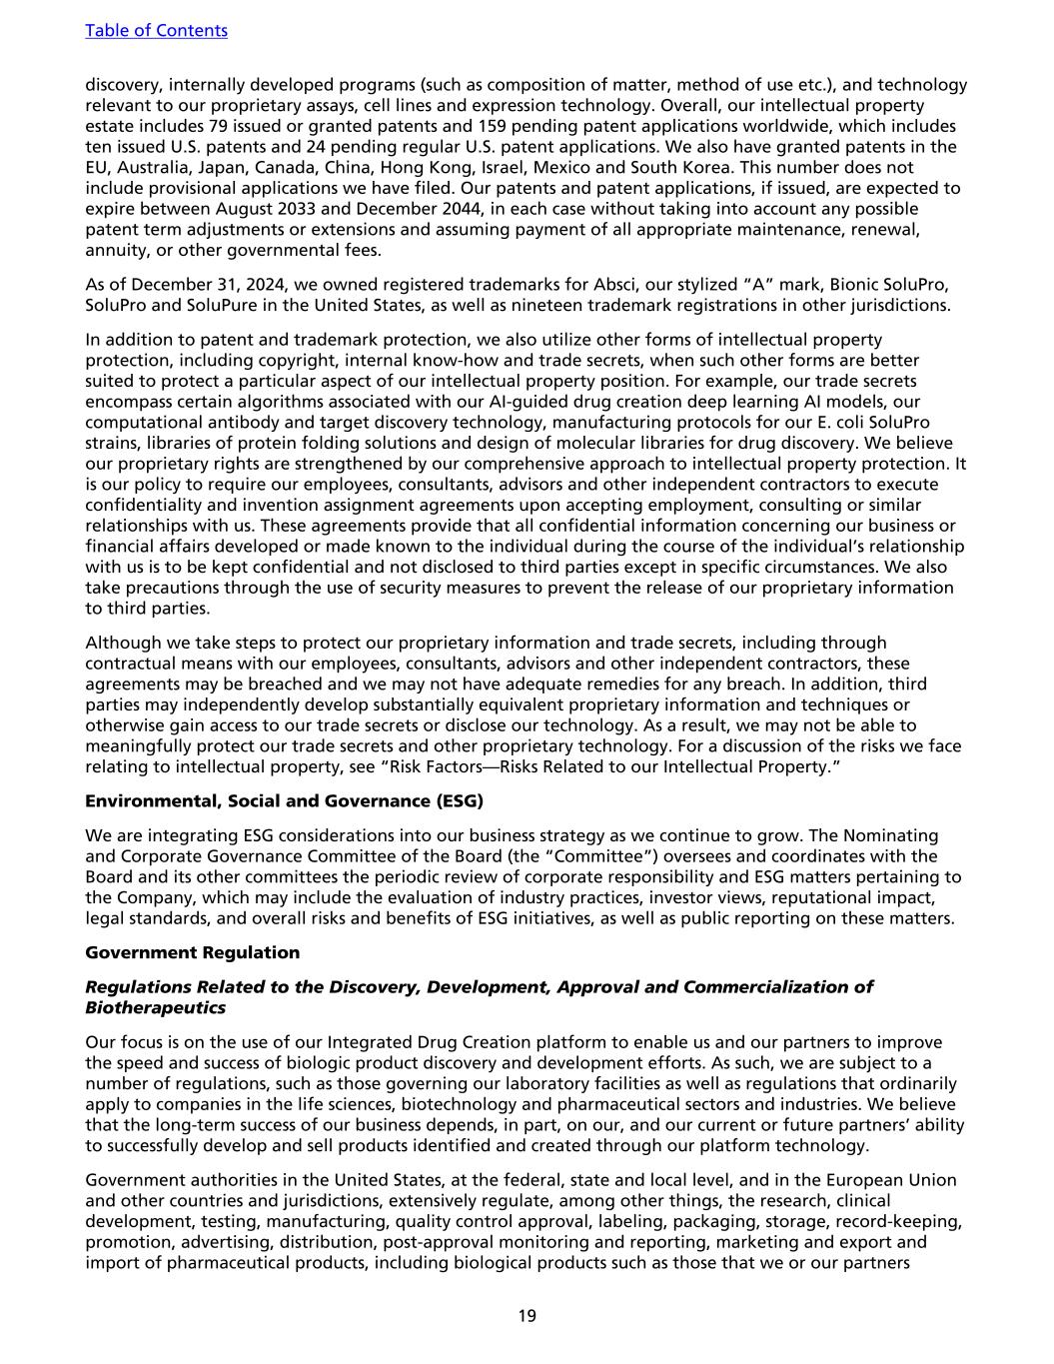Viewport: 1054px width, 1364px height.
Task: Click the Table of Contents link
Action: tap(156, 30)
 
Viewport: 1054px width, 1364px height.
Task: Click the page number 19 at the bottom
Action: tap(527, 1316)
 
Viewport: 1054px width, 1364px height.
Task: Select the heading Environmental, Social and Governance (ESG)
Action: tap(284, 801)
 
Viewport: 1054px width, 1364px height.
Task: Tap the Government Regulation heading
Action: tap(192, 952)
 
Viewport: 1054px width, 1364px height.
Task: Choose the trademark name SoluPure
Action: tap(240, 305)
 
